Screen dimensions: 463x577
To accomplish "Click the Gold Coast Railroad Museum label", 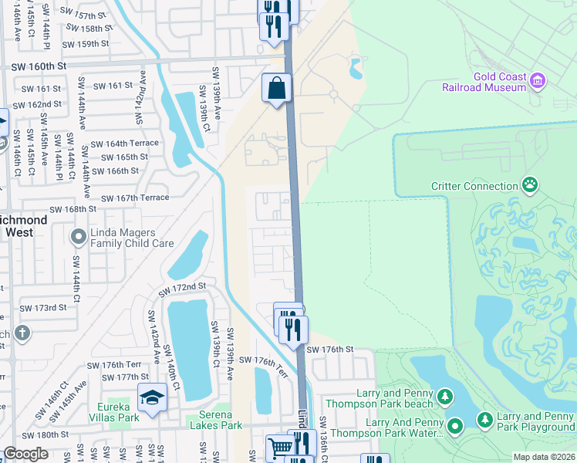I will (x=484, y=82).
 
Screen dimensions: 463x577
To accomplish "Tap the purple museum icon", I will (x=538, y=79).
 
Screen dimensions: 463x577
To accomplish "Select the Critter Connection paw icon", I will (x=530, y=185).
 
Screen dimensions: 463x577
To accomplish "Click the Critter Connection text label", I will (x=474, y=186).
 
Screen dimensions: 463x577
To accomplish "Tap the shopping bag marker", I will (x=277, y=88).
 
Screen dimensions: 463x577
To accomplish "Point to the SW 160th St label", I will (x=39, y=67).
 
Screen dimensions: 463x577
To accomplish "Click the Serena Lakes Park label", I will (x=216, y=424).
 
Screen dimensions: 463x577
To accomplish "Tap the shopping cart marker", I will (x=280, y=447).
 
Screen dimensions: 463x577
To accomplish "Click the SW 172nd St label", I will (x=184, y=286).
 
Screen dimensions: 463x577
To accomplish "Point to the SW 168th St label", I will (x=73, y=208).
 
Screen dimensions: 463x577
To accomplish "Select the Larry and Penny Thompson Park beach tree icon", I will (x=445, y=397).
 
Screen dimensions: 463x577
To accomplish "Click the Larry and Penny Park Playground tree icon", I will (x=485, y=420).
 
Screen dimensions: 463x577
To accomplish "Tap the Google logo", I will (x=25, y=454).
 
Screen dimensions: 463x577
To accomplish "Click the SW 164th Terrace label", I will (x=125, y=143).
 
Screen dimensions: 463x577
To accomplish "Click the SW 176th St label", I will (x=329, y=350).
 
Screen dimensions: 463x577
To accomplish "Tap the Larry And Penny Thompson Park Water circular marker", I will (x=455, y=426).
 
